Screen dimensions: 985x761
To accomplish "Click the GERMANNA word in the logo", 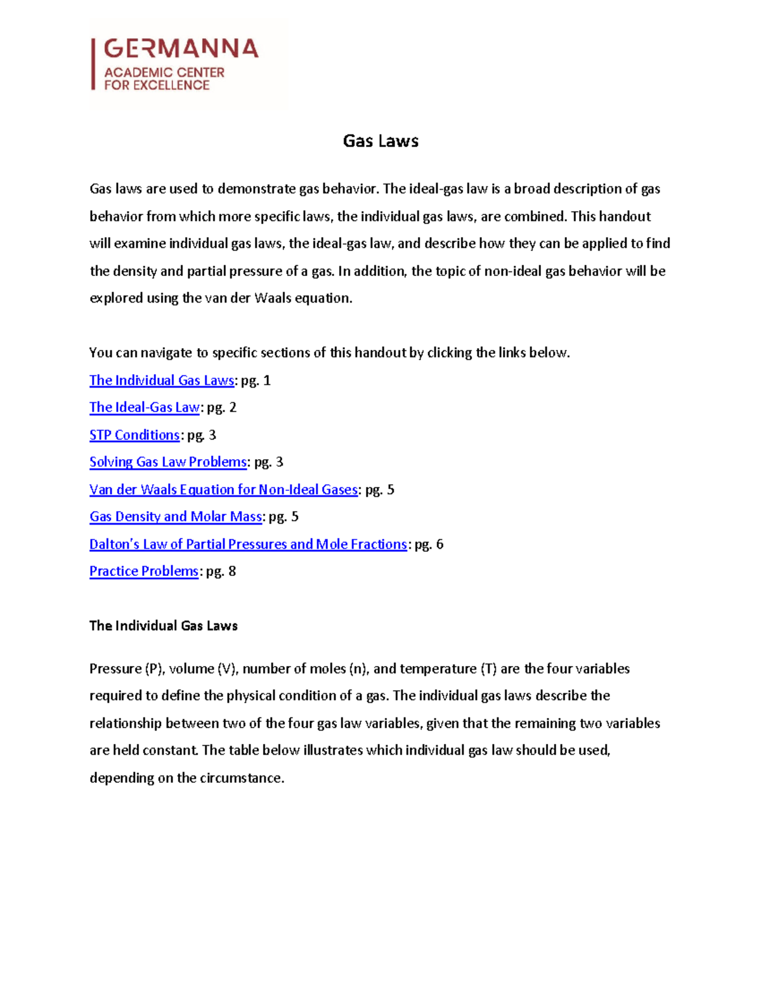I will pos(181,48).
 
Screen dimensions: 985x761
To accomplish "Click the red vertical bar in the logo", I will pos(93,64).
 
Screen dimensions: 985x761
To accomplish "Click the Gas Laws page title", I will pos(380,141).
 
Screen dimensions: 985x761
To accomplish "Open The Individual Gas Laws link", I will pos(162,381).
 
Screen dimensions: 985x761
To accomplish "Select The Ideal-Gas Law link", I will pos(145,407).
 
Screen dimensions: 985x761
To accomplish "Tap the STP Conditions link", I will pos(134,435).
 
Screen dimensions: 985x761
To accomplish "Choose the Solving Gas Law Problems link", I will pos(168,462).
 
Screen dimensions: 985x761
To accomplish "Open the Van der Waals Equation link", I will pos(223,490).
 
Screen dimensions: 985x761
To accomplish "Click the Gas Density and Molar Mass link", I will pos(176,516).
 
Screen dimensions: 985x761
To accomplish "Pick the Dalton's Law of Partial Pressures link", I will pos(248,544).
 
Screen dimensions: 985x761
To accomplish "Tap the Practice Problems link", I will pos(144,571).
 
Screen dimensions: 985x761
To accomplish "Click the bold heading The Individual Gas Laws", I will pos(164,625).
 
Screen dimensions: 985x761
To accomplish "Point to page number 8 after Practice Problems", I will pos(232,571).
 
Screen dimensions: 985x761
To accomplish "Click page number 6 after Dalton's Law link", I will pos(439,544).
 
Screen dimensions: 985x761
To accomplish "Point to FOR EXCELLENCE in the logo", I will pos(157,85).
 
